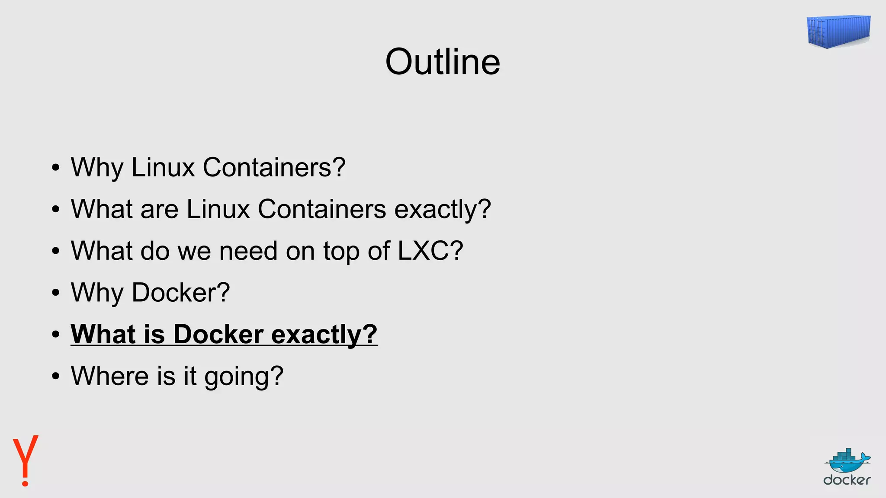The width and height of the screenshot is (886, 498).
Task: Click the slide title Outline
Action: point(443,62)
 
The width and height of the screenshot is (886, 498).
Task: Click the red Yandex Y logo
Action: point(26,460)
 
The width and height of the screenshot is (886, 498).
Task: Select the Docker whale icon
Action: point(847,461)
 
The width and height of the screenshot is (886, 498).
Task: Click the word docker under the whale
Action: point(847,480)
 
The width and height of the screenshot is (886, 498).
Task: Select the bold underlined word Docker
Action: point(218,334)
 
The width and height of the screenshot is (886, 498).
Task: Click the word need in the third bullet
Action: point(248,250)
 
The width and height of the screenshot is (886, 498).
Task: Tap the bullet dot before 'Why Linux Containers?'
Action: point(55,168)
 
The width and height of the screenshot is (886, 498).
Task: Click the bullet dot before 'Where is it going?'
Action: point(55,376)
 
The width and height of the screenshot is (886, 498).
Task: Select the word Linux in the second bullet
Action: point(218,209)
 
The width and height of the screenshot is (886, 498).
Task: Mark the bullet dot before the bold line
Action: point(55,335)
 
